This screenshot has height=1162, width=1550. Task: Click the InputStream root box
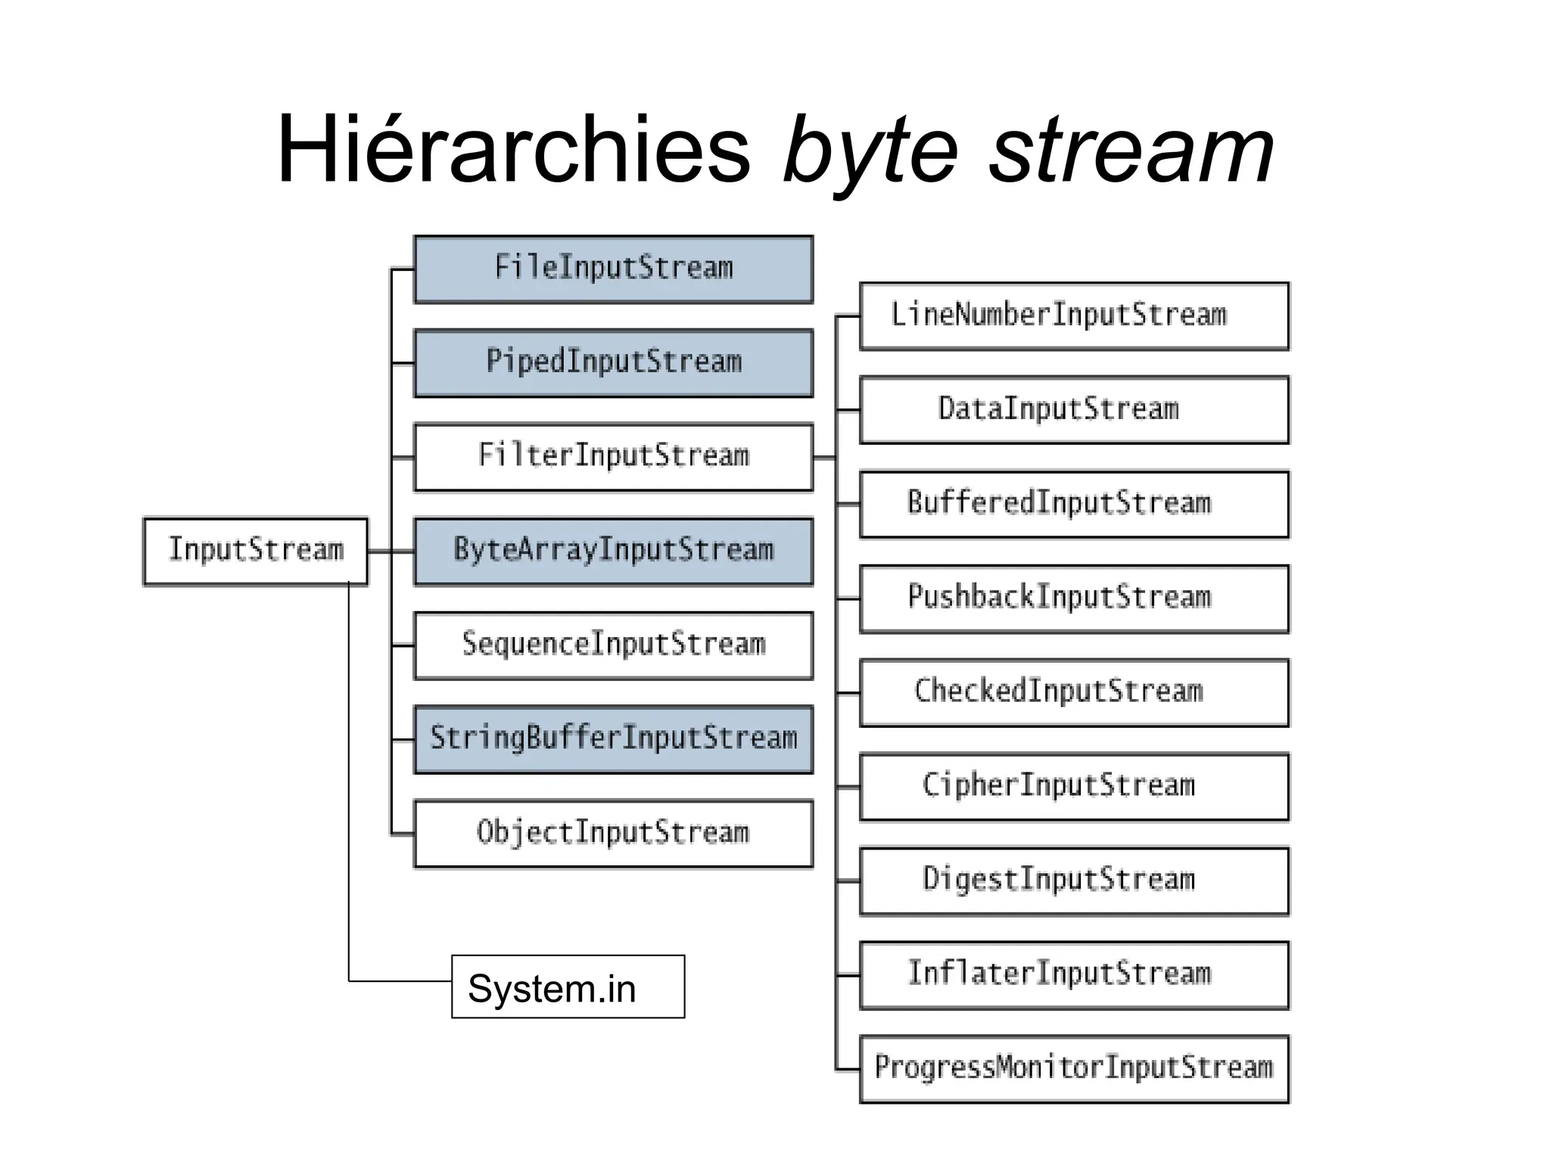point(255,551)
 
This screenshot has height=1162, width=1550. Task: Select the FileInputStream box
point(613,269)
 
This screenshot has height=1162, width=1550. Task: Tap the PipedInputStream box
point(613,363)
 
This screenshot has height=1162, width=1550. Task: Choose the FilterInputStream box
point(613,457)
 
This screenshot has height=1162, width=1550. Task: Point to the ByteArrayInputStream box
point(613,551)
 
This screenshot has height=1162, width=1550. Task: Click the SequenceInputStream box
point(613,645)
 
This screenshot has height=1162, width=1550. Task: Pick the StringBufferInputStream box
point(613,739)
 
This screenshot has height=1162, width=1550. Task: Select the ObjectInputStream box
point(613,833)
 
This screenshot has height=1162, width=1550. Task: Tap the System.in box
point(568,987)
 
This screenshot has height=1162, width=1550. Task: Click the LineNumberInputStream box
point(1074,316)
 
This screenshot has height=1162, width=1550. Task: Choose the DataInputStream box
point(1074,410)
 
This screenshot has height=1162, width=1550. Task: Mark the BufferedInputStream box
point(1074,504)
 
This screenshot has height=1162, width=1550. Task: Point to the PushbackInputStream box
point(1074,598)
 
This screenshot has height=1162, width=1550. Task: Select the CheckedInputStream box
point(1074,692)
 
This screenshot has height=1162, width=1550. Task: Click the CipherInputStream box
point(1074,786)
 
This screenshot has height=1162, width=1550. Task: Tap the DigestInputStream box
point(1074,881)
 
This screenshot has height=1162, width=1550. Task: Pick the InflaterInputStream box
point(1074,974)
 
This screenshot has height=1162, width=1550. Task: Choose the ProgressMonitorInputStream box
point(1074,1068)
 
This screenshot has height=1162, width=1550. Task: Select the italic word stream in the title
point(1131,151)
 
